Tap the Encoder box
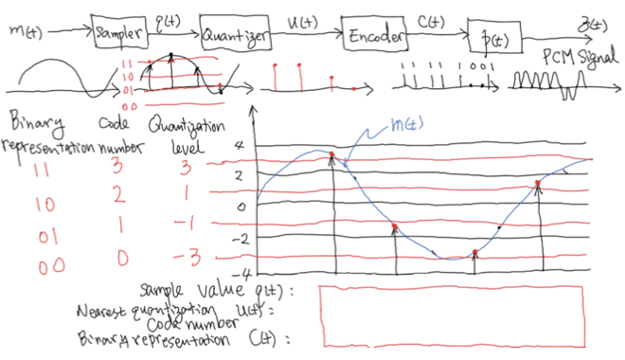(377, 35)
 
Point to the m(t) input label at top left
(26, 31)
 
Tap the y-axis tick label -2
(238, 238)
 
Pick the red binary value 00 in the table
(48, 265)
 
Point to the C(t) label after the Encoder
(436, 20)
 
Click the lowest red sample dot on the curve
(475, 253)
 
